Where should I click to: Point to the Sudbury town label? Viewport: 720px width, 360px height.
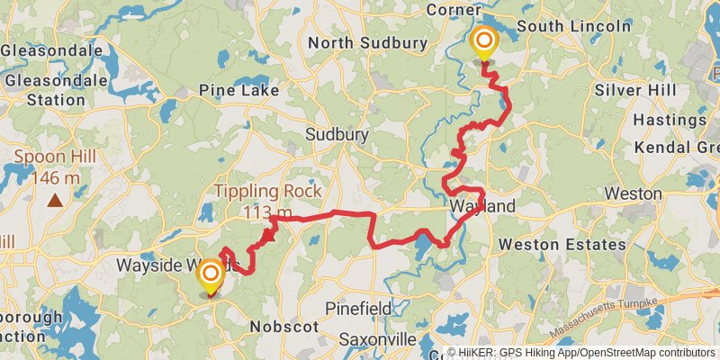[337, 134]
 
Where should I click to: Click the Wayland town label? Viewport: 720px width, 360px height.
[483, 207]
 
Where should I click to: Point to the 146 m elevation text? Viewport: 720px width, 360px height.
[56, 177]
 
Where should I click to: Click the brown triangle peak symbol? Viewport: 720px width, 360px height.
[56, 200]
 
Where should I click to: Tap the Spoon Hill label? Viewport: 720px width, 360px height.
[56, 157]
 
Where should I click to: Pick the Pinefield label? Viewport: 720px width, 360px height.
[357, 309]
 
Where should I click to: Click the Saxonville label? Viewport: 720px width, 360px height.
[378, 339]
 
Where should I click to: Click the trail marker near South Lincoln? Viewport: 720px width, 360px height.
[484, 41]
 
